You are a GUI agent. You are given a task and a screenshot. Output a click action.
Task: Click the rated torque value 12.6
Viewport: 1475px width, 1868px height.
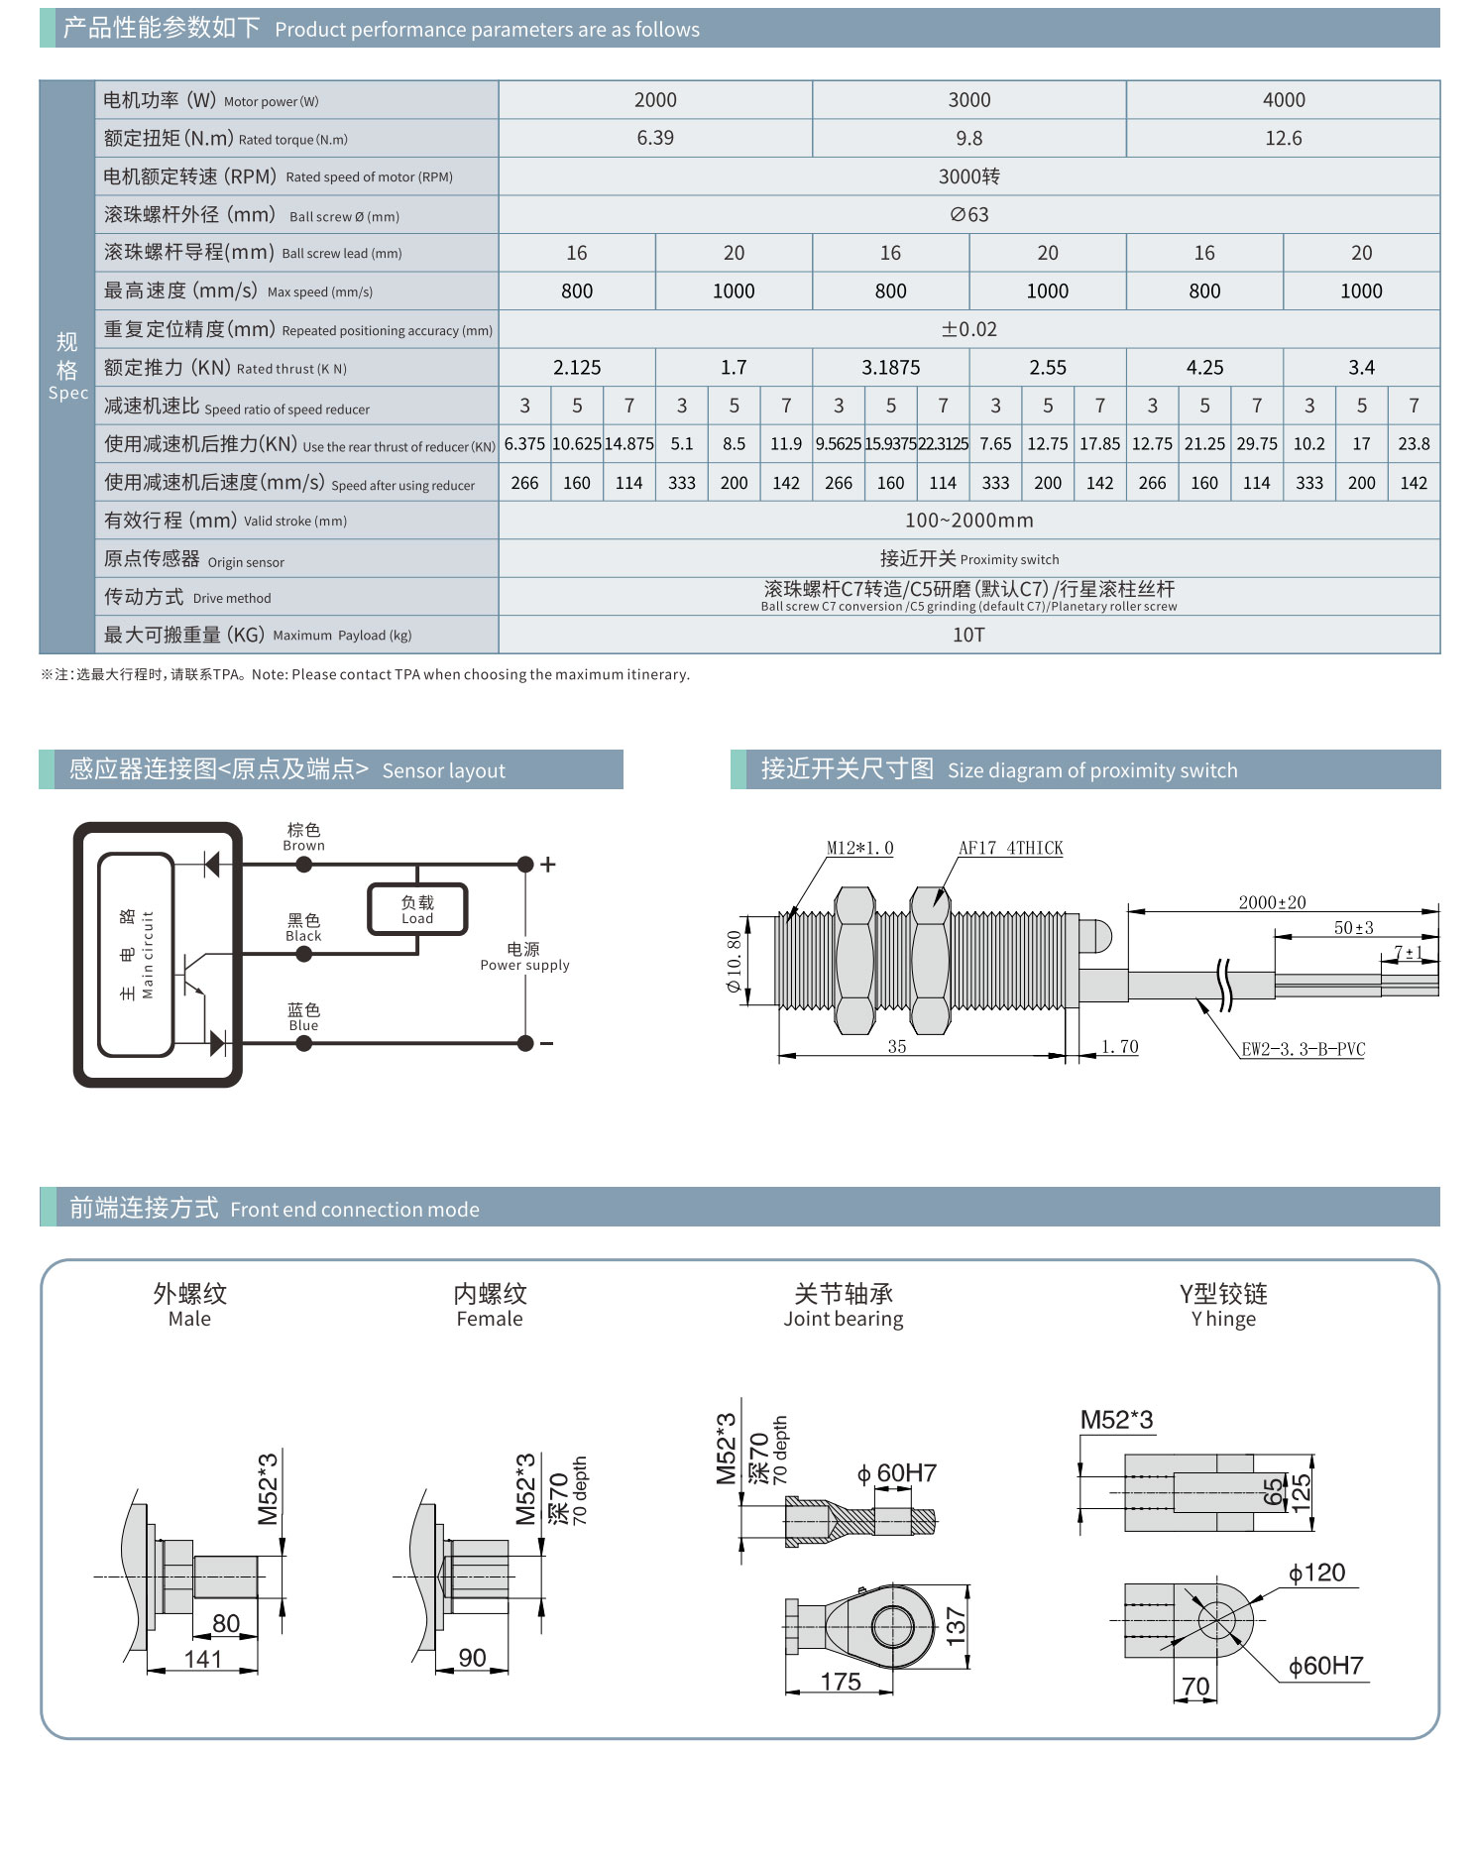click(x=1283, y=138)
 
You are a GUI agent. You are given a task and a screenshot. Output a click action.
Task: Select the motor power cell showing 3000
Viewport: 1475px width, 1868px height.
click(x=968, y=100)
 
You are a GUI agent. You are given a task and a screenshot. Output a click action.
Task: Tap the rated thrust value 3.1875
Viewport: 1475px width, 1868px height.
click(x=890, y=368)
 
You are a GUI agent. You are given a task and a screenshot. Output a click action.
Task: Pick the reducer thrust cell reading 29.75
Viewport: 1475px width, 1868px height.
click(x=1256, y=444)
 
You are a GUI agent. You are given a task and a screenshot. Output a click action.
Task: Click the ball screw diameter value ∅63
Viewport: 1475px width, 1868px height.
click(x=968, y=215)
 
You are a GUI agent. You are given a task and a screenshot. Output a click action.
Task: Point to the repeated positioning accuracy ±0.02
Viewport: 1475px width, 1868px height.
click(x=968, y=329)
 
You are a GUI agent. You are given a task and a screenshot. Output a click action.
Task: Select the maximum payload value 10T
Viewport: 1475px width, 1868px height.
click(x=968, y=635)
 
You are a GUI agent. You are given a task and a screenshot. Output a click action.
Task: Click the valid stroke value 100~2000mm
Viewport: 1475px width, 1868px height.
click(x=968, y=521)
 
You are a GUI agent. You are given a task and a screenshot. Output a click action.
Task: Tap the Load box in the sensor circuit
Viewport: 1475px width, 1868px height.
click(x=417, y=909)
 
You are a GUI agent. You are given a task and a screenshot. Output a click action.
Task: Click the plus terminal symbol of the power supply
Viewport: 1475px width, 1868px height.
click(x=548, y=865)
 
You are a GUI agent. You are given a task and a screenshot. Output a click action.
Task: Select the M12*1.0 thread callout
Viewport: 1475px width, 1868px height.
click(x=859, y=848)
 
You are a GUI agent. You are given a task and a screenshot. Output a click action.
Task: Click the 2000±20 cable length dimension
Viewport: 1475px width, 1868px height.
click(x=1272, y=902)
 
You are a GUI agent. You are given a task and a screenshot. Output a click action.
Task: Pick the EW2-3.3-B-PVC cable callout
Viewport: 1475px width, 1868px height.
click(x=1303, y=1049)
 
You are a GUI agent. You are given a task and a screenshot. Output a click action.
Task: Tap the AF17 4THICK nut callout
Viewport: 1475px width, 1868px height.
click(x=1010, y=848)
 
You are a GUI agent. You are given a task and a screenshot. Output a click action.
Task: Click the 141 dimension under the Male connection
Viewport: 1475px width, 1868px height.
click(x=202, y=1659)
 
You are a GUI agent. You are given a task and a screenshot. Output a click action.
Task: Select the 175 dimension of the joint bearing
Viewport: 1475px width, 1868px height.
click(x=841, y=1682)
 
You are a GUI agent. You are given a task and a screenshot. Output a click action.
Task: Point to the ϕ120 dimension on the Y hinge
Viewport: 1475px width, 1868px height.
click(x=1316, y=1573)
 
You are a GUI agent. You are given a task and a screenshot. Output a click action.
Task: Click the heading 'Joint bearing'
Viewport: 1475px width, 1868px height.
click(x=843, y=1319)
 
